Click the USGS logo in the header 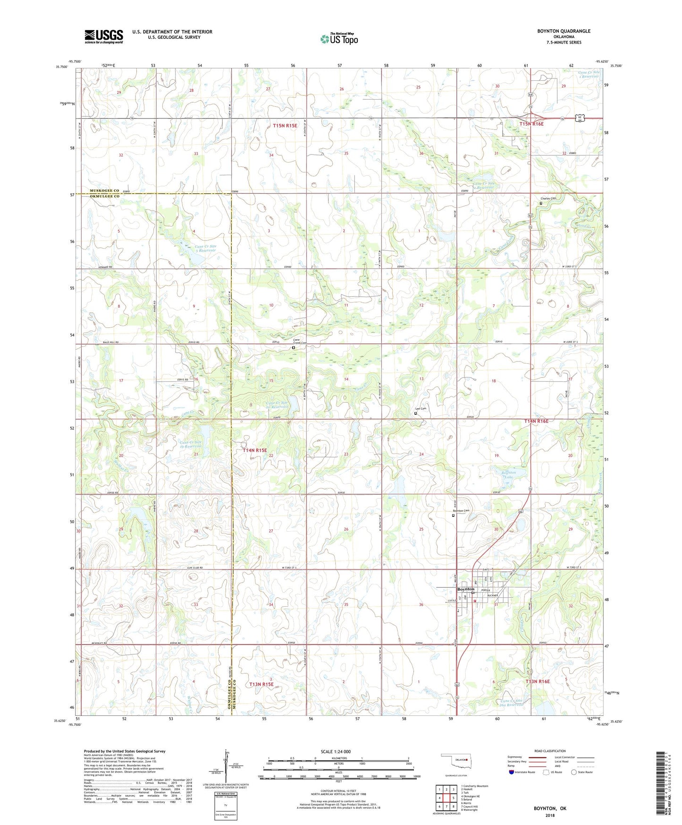pos(104,36)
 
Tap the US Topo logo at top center pos(339,39)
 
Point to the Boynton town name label pos(466,589)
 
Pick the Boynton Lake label pos(508,474)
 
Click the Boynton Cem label pos(461,511)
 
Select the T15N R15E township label pos(285,126)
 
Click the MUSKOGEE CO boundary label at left pos(104,190)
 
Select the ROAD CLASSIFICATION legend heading pos(549,751)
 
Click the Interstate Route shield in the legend pos(513,772)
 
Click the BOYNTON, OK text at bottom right pos(550,808)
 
